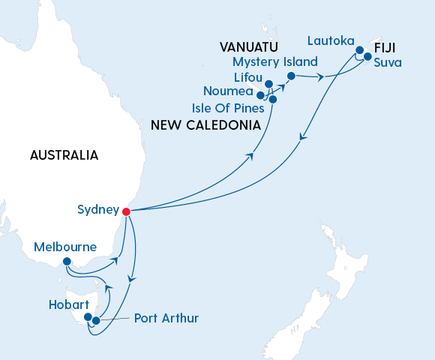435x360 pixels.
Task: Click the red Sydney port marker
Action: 126,211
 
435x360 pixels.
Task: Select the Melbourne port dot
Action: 67,262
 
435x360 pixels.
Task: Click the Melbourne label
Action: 65,247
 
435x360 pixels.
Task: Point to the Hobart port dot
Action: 88,317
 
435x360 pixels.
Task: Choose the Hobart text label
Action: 68,305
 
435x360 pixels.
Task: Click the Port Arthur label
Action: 166,319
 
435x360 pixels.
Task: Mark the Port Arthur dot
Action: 96,321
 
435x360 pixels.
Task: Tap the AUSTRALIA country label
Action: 64,155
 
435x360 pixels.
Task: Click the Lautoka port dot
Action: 359,50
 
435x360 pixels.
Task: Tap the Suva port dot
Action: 367,56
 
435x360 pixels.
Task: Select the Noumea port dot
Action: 259,95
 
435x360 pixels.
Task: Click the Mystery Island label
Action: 274,61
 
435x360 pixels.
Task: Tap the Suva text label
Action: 388,62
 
